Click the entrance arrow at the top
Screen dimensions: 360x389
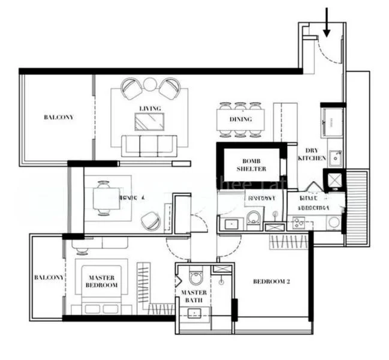[x=326, y=21]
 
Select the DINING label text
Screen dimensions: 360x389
[x=240, y=119]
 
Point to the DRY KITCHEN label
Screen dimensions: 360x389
[x=316, y=155]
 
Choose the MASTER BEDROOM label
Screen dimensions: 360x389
[x=102, y=281]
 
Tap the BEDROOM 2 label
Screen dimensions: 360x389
[x=271, y=281]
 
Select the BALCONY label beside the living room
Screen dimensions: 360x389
[x=58, y=117]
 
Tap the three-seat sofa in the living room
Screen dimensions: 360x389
[x=149, y=145]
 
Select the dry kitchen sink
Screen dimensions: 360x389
[x=334, y=158]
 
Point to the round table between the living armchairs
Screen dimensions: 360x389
[x=150, y=85]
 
